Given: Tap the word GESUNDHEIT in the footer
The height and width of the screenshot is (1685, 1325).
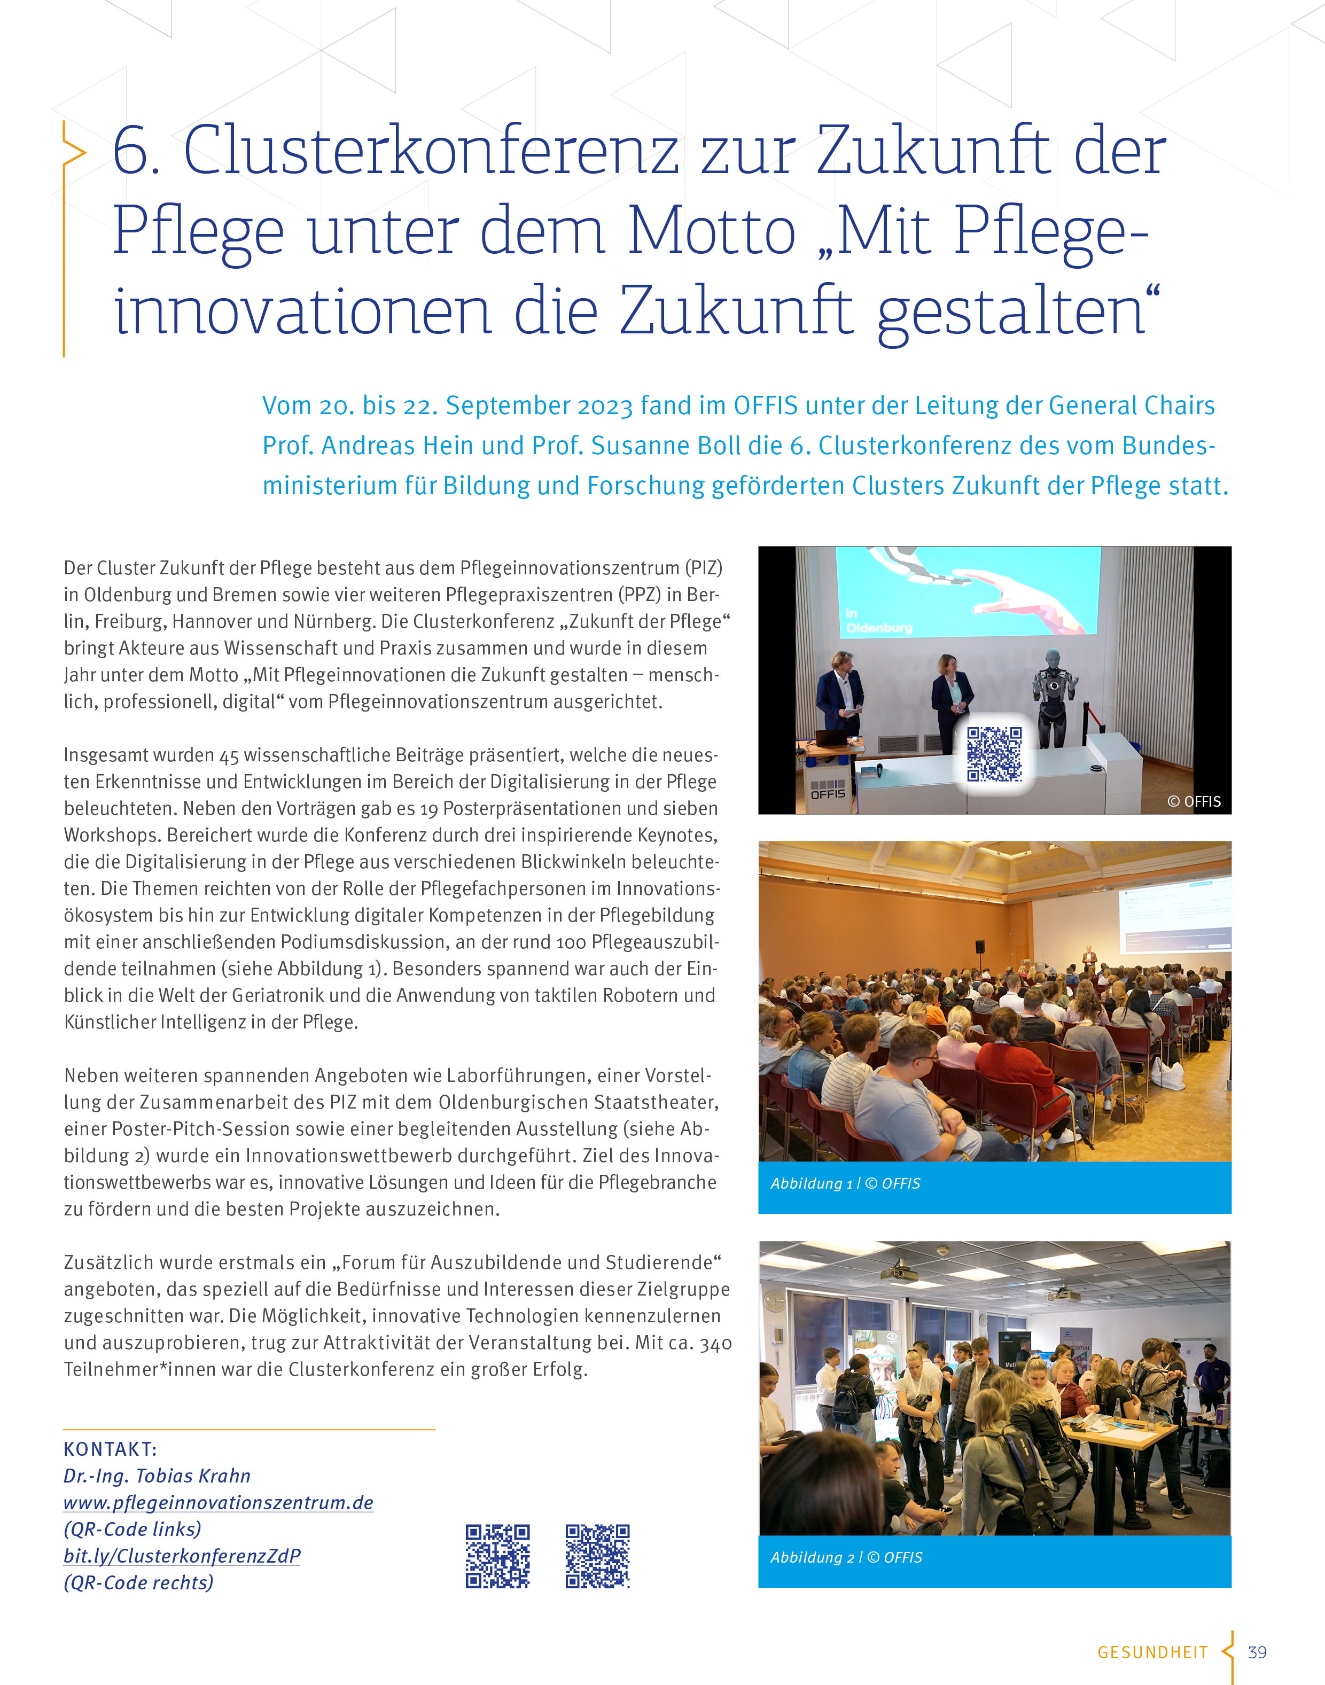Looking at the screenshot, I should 1152,1652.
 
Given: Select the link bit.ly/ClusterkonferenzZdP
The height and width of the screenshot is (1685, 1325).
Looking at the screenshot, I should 182,1555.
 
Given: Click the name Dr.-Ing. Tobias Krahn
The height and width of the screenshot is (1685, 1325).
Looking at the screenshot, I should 157,1476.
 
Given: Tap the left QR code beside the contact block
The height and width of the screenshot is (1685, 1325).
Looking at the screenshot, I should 497,1556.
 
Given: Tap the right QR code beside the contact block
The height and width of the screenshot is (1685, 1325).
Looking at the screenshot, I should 597,1556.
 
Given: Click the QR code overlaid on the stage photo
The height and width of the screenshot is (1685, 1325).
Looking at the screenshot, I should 994,753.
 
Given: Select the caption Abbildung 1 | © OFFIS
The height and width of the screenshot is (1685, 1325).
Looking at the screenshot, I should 845,1183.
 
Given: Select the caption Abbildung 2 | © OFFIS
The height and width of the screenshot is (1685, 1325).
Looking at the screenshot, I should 846,1557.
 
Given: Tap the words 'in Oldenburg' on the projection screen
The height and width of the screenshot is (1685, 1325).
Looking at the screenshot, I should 877,621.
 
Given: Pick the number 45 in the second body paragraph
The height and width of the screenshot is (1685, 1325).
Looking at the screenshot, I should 229,755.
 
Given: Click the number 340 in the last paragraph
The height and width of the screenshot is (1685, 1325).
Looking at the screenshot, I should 715,1343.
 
